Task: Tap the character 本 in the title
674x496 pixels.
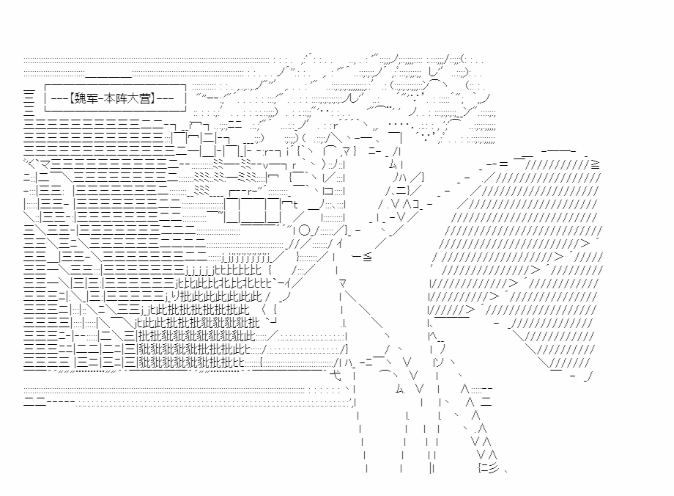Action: pyautogui.click(x=110, y=98)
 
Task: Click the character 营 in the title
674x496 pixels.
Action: pyautogui.click(x=145, y=98)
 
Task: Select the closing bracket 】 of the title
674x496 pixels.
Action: pyautogui.click(x=153, y=98)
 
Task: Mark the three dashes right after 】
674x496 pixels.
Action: pyautogui.click(x=165, y=99)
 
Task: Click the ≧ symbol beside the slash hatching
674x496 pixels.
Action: pyautogui.click(x=595, y=164)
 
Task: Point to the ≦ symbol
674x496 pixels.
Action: pyautogui.click(x=367, y=257)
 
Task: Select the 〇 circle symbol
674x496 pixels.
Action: pyautogui.click(x=304, y=230)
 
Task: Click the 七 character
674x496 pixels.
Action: pyautogui.click(x=336, y=376)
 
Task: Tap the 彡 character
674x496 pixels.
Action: pyautogui.click(x=494, y=468)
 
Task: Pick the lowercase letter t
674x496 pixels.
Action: pyautogui.click(x=296, y=204)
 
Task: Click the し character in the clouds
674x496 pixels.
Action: pyautogui.click(x=434, y=72)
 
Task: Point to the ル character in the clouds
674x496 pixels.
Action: pyautogui.click(x=353, y=98)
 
